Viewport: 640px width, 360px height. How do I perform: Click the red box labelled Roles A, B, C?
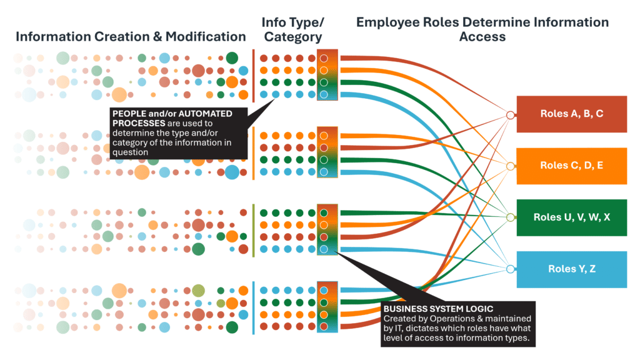(x=571, y=114)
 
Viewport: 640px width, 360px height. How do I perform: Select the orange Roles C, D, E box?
(x=571, y=166)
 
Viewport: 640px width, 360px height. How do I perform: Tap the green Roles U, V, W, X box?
(x=571, y=217)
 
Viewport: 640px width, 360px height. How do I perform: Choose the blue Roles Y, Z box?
(x=571, y=269)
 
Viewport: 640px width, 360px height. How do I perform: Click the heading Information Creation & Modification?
(x=131, y=36)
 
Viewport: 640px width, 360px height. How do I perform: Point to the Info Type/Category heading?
(x=293, y=30)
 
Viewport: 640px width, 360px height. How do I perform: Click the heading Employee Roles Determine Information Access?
(x=482, y=29)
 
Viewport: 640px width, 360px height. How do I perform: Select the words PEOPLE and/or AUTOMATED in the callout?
(x=172, y=114)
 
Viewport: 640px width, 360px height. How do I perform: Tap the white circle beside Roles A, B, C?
(x=510, y=115)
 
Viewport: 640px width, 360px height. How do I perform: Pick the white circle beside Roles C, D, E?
(x=510, y=166)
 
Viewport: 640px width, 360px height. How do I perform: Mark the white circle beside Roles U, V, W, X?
(x=510, y=217)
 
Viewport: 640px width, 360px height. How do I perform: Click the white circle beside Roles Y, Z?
(x=510, y=269)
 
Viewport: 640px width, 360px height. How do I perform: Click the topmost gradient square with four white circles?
(x=327, y=76)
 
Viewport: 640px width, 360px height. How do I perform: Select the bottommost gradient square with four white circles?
(x=327, y=307)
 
